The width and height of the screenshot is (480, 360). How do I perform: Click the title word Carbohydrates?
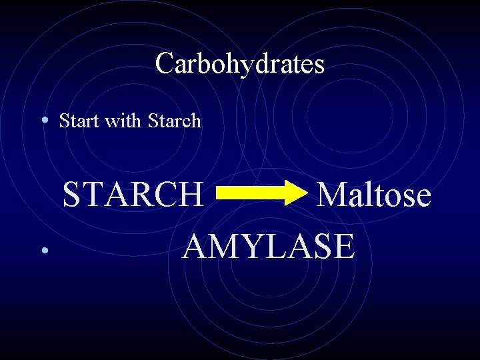(240, 64)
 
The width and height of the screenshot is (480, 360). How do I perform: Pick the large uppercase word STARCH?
(133, 195)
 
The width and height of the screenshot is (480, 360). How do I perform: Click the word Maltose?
(373, 195)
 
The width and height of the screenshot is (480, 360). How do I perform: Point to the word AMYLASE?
(269, 246)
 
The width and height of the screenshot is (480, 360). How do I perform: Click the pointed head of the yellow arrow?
(293, 194)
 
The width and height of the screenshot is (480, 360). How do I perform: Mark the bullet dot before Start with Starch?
(43, 121)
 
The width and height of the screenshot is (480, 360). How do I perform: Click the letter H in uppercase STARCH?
(191, 195)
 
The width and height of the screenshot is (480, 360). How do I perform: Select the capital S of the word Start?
(64, 121)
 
